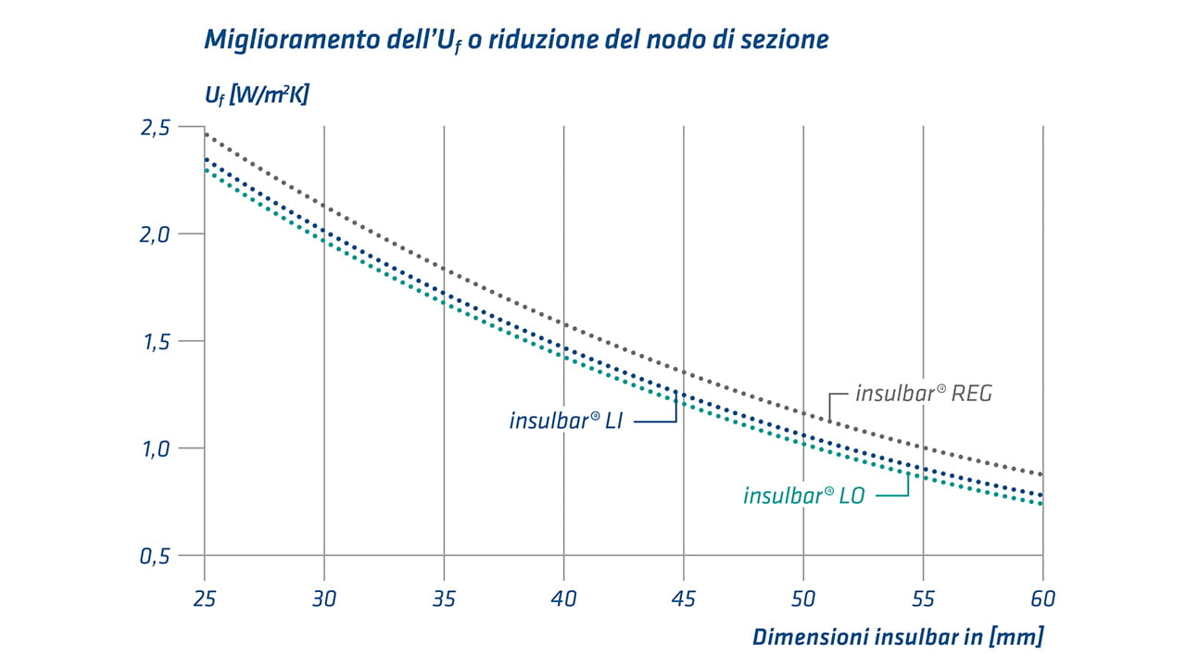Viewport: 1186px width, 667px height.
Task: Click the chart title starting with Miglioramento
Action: tap(516, 40)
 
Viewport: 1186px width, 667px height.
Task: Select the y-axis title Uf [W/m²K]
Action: tap(256, 94)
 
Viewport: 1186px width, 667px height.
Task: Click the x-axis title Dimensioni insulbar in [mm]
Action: tap(897, 636)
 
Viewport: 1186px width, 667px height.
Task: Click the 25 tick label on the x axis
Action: tap(204, 598)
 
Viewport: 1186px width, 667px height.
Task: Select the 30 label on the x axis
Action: tap(324, 598)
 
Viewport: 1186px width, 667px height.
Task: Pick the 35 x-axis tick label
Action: tap(444, 598)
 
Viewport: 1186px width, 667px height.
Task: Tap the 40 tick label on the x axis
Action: tap(563, 598)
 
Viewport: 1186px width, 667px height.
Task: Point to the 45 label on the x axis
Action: tap(684, 598)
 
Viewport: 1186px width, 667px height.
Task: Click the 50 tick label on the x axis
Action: tap(803, 598)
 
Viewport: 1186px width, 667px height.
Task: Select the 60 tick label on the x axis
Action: tap(1043, 598)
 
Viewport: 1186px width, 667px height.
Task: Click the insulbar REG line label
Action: tap(923, 394)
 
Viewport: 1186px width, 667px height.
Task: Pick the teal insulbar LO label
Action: tap(803, 496)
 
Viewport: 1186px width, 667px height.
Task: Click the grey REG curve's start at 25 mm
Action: tap(205, 134)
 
